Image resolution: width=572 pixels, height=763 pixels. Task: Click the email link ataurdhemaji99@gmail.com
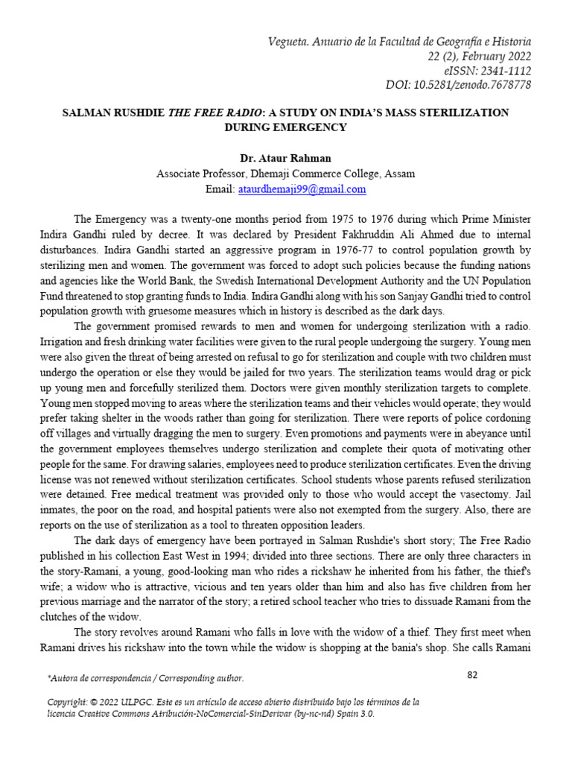point(302,189)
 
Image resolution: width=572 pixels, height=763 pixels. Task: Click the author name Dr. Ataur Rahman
point(285,158)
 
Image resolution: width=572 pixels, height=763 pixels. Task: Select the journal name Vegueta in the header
point(289,41)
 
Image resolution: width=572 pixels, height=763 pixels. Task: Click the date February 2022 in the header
point(492,56)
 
